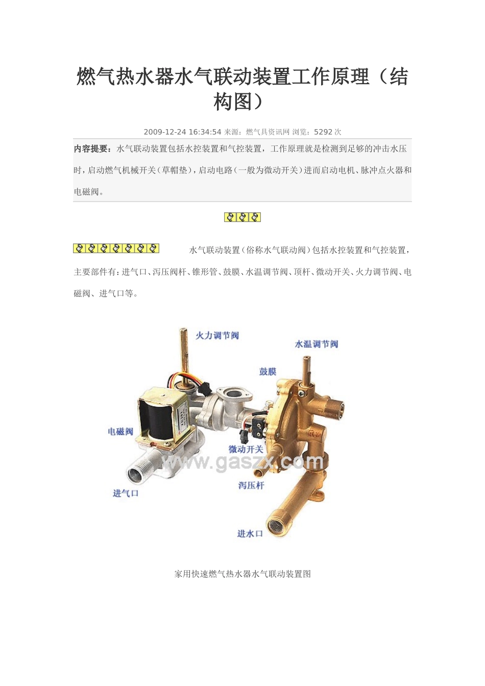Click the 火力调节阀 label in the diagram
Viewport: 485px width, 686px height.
(x=217, y=335)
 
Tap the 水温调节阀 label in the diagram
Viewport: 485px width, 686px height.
(x=316, y=344)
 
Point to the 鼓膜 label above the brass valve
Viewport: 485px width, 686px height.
(x=268, y=372)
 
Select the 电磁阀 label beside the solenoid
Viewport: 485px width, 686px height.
(x=120, y=431)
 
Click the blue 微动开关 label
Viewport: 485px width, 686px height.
(x=246, y=449)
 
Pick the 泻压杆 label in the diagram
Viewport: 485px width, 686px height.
(x=251, y=485)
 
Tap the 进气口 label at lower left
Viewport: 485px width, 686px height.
(x=126, y=493)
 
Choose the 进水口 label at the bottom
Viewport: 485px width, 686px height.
(x=250, y=533)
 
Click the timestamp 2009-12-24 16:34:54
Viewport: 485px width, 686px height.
(x=182, y=132)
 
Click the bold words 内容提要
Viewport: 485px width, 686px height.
(x=92, y=149)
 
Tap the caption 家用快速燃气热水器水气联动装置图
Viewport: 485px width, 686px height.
(x=243, y=574)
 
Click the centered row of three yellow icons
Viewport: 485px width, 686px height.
(x=243, y=217)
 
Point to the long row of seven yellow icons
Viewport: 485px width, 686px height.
(x=116, y=249)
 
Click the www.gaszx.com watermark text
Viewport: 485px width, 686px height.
(x=243, y=462)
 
